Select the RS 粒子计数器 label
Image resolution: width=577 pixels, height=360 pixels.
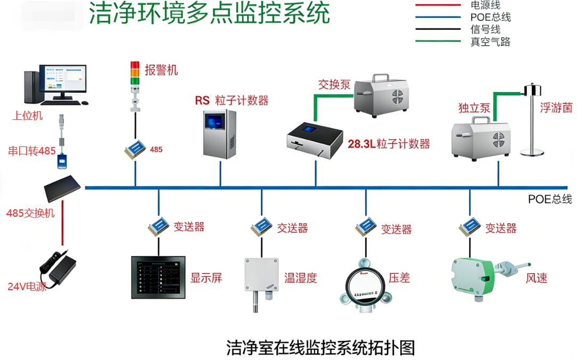click(231, 100)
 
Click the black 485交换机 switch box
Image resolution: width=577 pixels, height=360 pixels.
click(62, 188)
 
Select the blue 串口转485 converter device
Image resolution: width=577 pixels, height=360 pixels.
click(63, 160)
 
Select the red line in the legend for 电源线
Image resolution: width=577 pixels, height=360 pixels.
click(438, 5)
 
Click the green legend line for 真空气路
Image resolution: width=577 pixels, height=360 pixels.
click(438, 42)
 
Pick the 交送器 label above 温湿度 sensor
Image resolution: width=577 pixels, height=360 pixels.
click(292, 228)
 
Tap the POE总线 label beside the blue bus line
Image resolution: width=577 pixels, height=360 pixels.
click(550, 199)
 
